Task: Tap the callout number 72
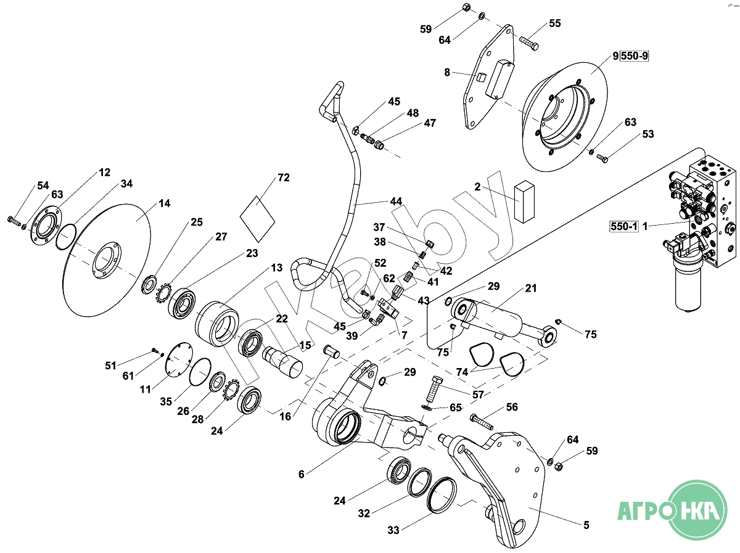coord(283,178)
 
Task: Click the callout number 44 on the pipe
coord(395,201)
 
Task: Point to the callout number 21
coord(531,289)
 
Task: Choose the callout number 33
coord(393,530)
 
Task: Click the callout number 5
coord(586,525)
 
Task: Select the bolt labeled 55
coord(529,43)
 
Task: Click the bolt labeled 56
coord(481,422)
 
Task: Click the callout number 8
coord(448,72)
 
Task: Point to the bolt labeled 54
coord(14,219)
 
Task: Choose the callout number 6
coord(302,474)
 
